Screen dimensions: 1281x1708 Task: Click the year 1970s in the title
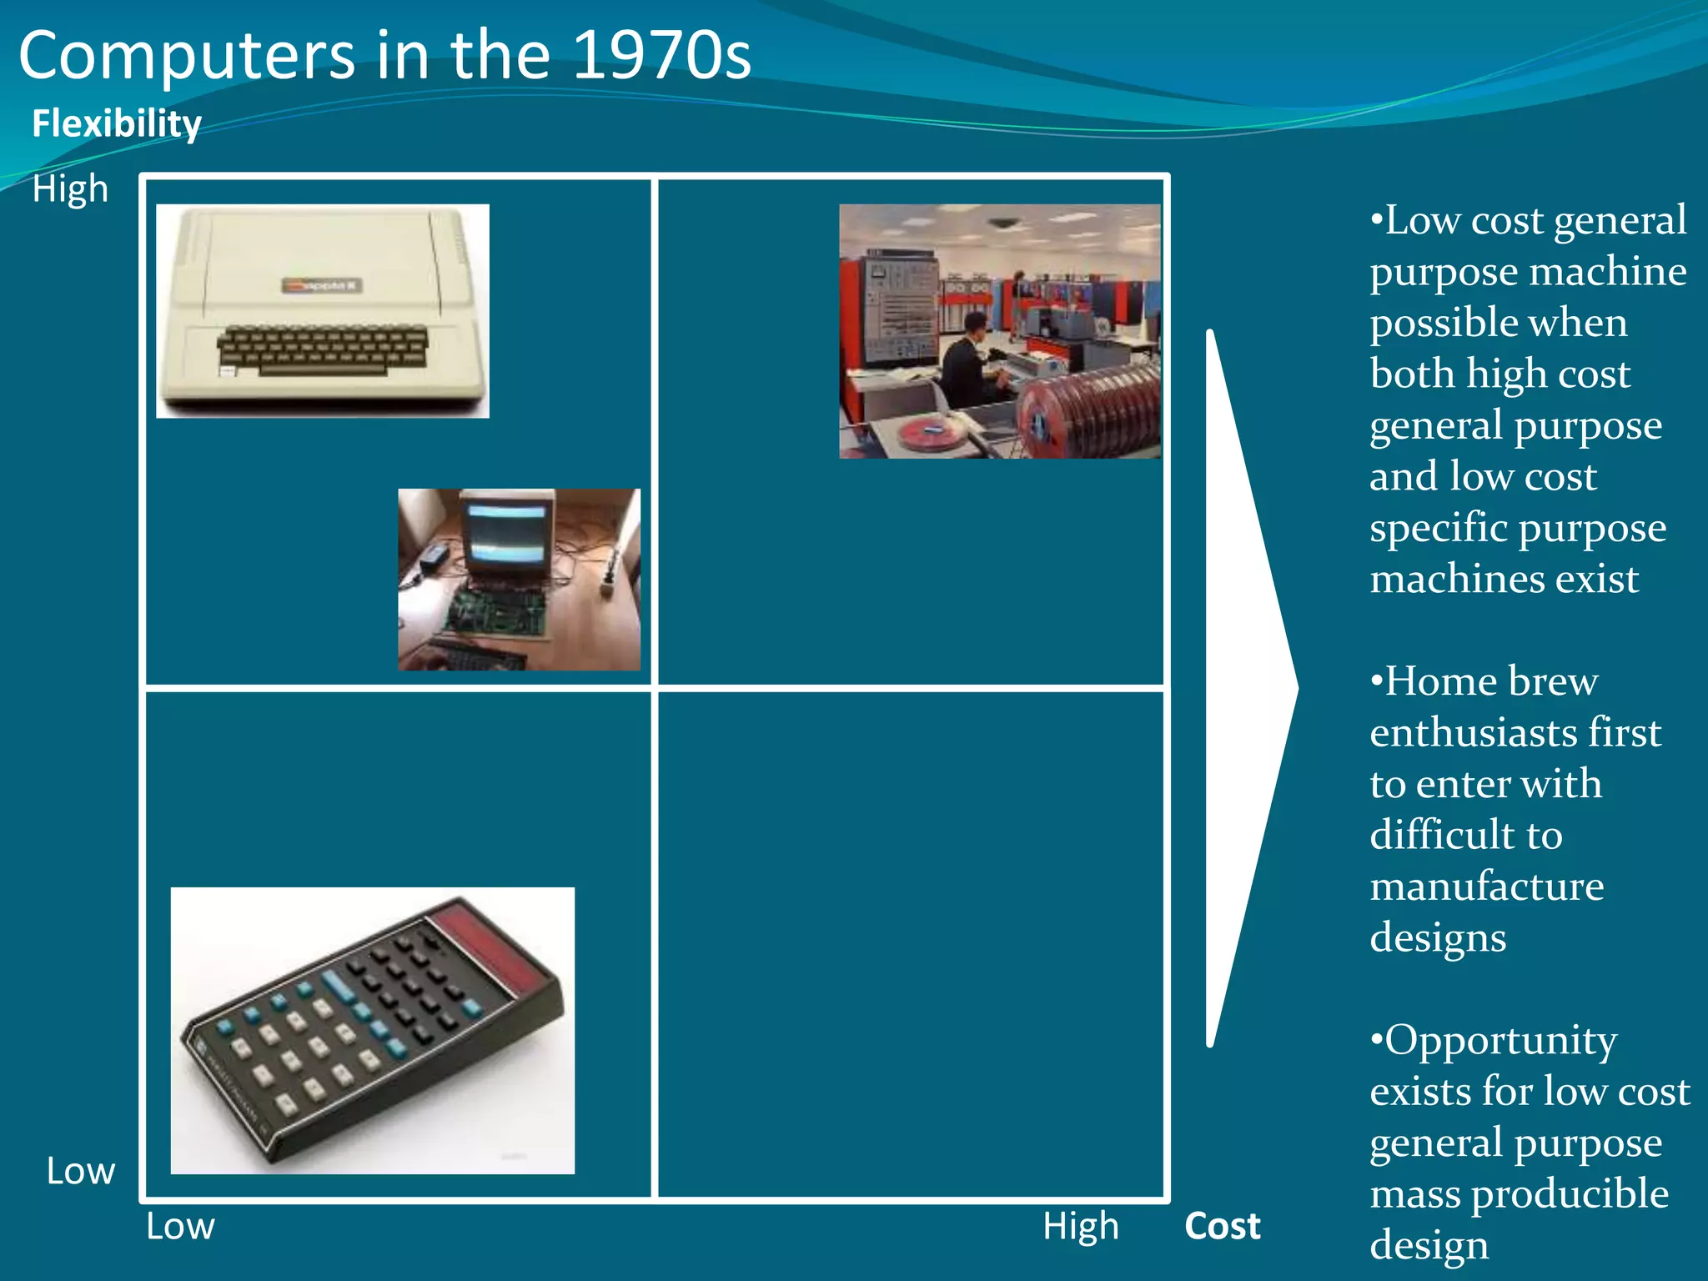(662, 55)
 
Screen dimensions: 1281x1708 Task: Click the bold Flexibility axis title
(117, 123)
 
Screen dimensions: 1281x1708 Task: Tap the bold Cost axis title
(1222, 1226)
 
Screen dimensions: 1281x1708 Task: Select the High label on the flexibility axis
(70, 189)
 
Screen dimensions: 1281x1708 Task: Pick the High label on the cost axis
(1080, 1226)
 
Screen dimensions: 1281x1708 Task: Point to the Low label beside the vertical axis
(80, 1171)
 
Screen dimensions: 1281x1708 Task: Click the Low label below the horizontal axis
(180, 1226)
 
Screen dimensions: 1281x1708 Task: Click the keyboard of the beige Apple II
(323, 349)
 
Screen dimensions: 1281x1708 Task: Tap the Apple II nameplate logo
(321, 286)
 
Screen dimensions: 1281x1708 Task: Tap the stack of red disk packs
(1093, 409)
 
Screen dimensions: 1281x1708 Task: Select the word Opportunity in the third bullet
(1500, 1040)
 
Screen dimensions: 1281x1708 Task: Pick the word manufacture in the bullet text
(1486, 886)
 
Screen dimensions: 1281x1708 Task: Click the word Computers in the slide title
(187, 55)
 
